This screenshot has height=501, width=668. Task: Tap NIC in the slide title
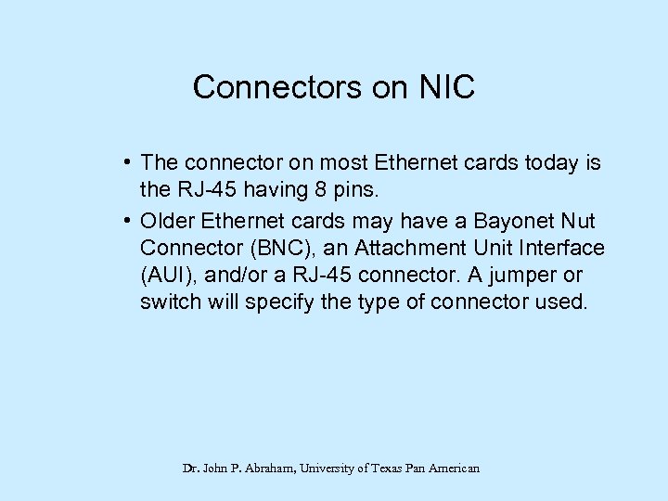coord(445,88)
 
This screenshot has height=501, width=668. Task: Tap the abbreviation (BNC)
coord(280,248)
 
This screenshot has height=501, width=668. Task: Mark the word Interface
coord(565,248)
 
